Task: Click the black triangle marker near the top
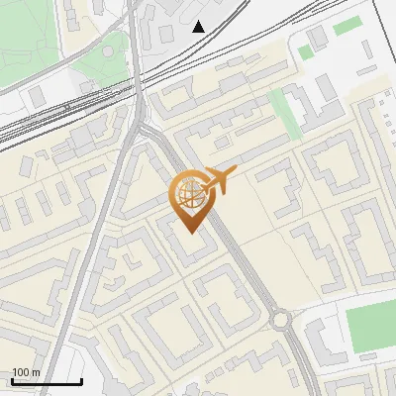(x=199, y=27)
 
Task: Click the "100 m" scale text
(x=26, y=372)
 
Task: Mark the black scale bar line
(x=46, y=382)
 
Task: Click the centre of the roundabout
(x=281, y=319)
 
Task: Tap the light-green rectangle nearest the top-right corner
(x=347, y=26)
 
